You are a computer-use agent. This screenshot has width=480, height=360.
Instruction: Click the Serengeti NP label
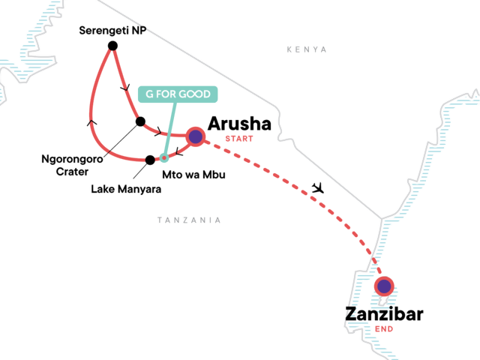click(112, 31)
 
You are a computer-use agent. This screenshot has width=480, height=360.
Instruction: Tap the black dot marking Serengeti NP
click(112, 46)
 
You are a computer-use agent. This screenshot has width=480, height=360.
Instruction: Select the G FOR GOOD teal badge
click(177, 94)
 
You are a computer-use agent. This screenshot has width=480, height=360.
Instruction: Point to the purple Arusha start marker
click(196, 136)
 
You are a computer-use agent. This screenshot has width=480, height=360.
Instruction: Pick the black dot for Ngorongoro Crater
click(140, 121)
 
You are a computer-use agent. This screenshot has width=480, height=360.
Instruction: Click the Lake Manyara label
click(126, 188)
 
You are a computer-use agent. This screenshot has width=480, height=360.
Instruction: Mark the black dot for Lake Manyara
click(150, 159)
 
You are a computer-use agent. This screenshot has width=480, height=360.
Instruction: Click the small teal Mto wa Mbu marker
click(164, 157)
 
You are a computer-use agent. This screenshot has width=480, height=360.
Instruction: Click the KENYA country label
click(307, 49)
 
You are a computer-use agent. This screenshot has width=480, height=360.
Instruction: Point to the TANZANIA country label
click(189, 220)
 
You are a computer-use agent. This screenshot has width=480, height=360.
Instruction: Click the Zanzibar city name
click(384, 313)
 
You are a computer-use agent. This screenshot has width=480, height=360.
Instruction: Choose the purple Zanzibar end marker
click(384, 286)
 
